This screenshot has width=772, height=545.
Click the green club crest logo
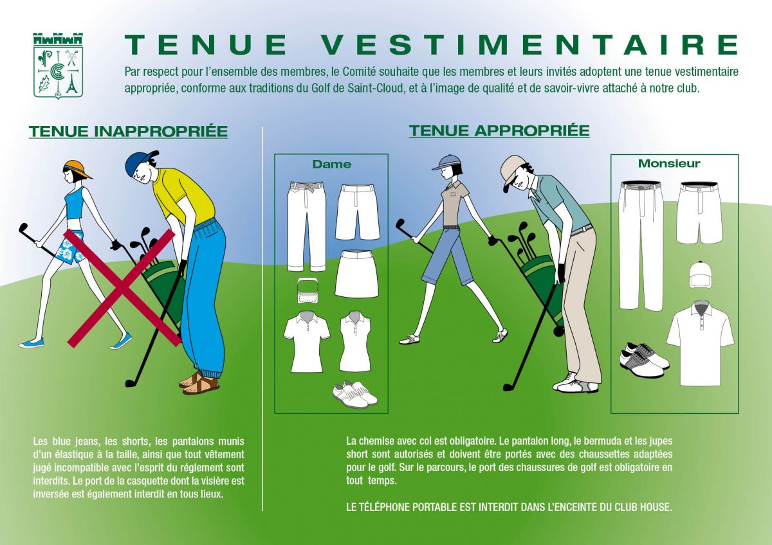tap(59, 66)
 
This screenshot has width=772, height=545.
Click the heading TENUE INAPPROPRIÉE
tap(128, 131)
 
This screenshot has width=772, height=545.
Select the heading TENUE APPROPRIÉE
tap(499, 130)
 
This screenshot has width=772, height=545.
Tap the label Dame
tap(331, 164)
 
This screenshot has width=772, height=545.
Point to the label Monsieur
tap(669, 163)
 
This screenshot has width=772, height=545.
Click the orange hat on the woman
tap(77, 169)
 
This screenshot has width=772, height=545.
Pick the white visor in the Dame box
tap(308, 292)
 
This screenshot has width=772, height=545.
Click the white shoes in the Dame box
tap(354, 393)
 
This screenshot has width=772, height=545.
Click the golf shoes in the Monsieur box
tap(644, 357)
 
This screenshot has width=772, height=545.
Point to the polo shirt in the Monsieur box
tap(700, 343)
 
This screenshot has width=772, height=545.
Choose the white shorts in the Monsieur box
tap(699, 213)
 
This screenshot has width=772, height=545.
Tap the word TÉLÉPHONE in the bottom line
tap(387, 507)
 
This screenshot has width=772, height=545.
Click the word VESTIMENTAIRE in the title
tap(530, 45)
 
